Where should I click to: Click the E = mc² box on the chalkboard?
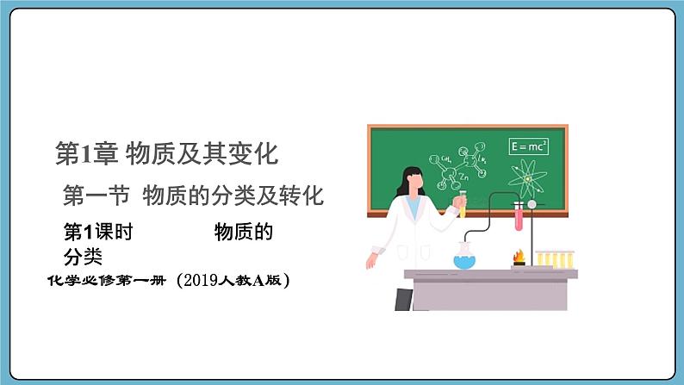coord(528,147)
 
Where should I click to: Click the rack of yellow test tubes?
coord(554,258)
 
